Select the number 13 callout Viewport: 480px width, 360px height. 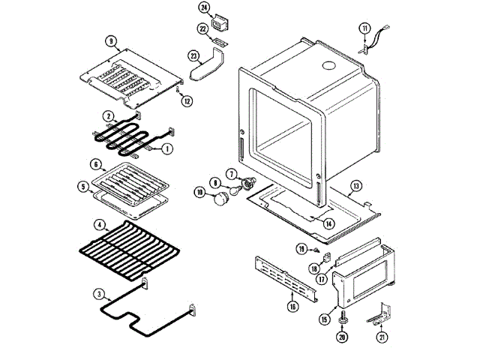356,185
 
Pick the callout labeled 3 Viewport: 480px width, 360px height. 99,293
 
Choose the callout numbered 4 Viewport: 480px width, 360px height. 99,223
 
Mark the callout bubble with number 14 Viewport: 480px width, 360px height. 328,223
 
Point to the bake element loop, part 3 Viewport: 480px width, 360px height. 150,315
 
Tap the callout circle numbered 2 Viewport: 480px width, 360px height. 109,116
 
